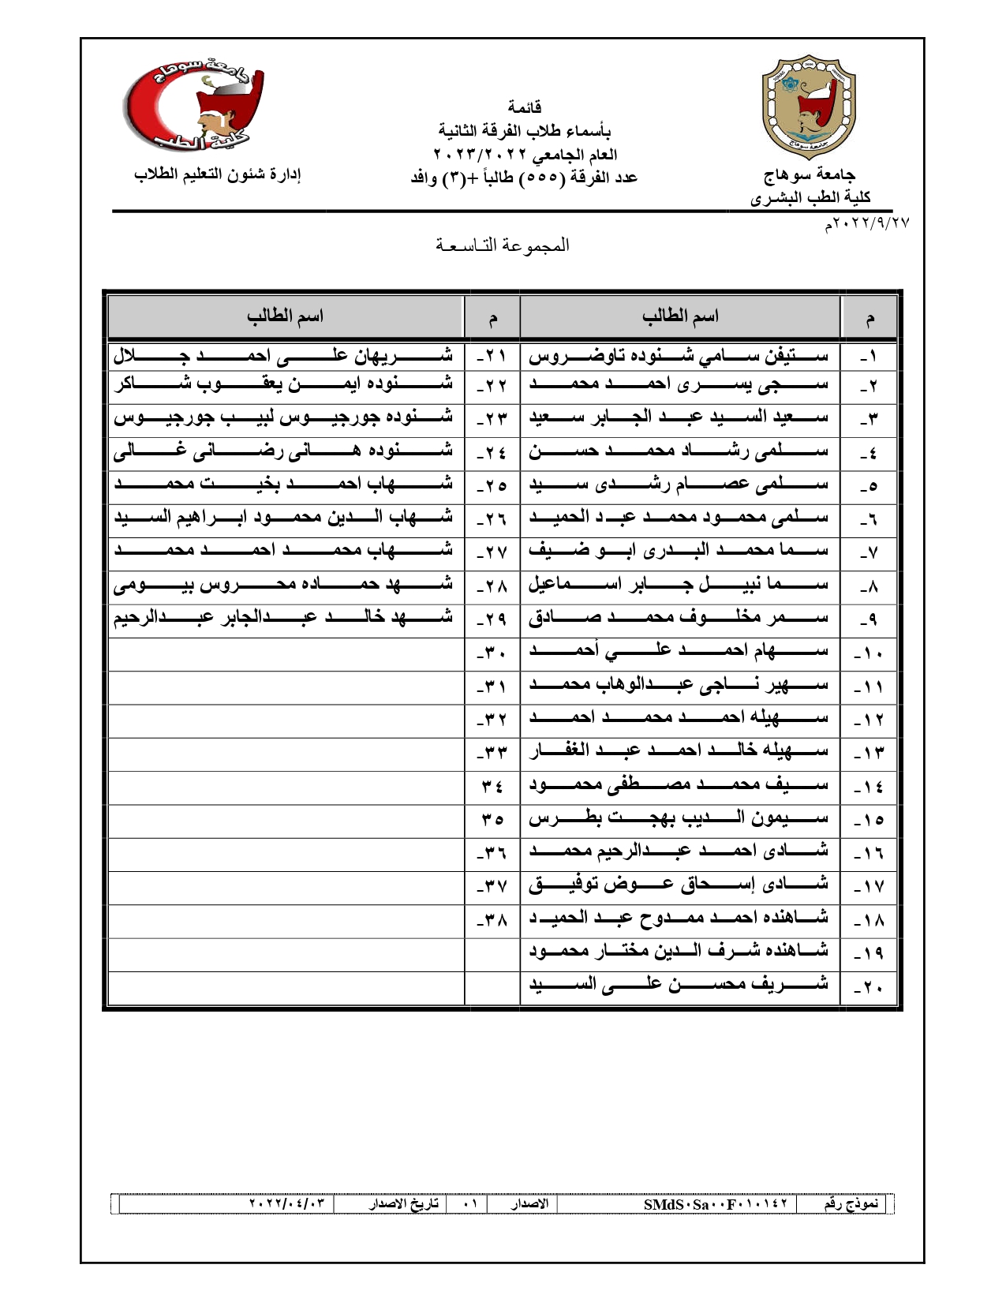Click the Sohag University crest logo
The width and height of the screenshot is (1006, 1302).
(x=808, y=107)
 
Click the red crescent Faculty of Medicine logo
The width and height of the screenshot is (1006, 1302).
(x=194, y=107)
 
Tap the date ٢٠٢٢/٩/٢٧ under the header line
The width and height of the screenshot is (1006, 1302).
(x=867, y=224)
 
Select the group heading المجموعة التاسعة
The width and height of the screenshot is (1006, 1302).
(x=503, y=245)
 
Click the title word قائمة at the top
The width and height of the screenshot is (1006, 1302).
(x=524, y=107)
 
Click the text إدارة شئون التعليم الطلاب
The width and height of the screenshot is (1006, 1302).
(x=217, y=174)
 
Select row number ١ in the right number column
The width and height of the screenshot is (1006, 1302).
(x=868, y=357)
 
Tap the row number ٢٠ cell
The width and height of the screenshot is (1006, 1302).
(x=868, y=987)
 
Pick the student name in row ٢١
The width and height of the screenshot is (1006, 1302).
(x=283, y=356)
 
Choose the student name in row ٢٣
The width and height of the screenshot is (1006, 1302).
(x=283, y=417)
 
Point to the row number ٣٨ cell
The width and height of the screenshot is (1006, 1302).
(x=492, y=920)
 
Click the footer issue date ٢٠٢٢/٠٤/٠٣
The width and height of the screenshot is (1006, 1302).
(x=286, y=1204)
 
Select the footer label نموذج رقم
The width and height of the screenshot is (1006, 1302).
(x=851, y=1204)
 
